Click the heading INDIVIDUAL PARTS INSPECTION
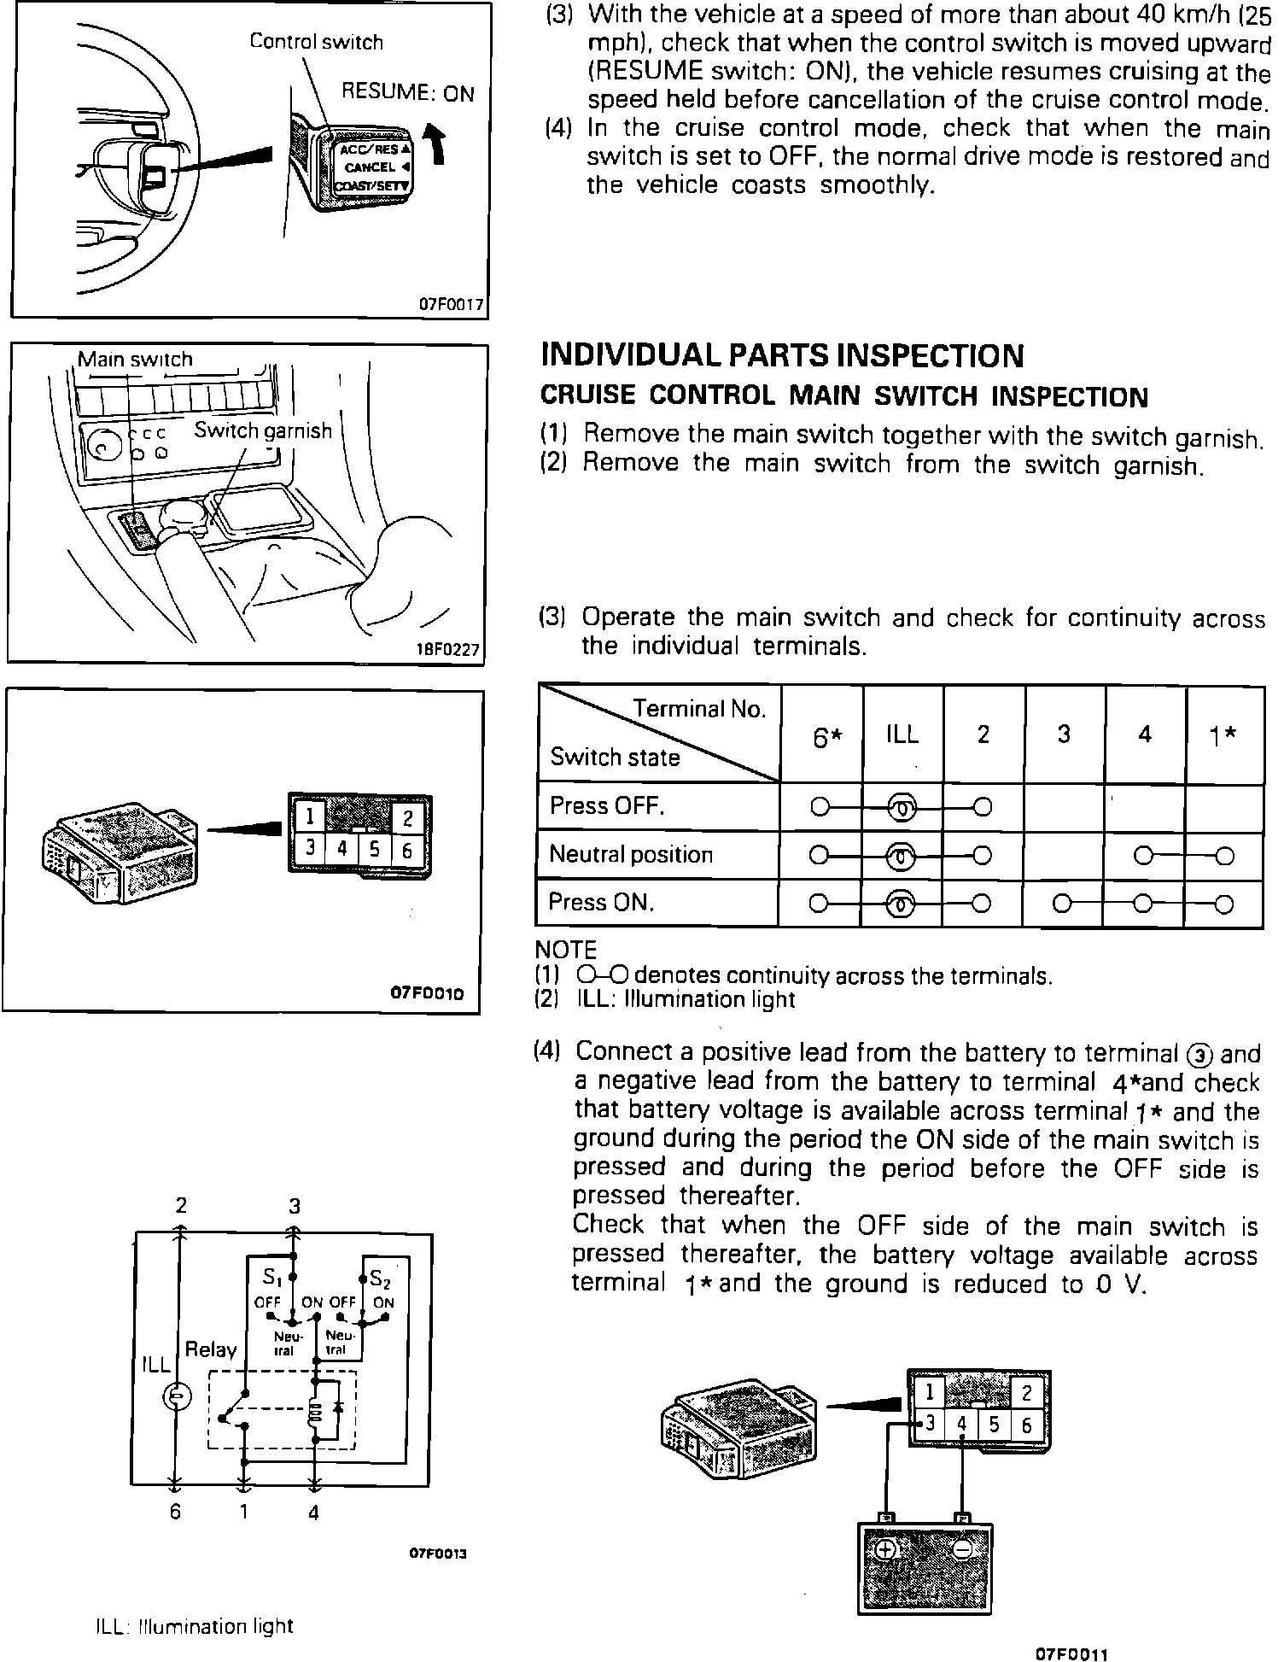[x=782, y=355]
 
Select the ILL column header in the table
[x=902, y=734]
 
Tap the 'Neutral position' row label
[x=631, y=854]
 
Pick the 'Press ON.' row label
[x=601, y=903]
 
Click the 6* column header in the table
[x=822, y=737]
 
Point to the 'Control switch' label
[x=316, y=42]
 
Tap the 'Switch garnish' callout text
[x=263, y=430]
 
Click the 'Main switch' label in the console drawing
[x=135, y=360]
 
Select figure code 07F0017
[x=451, y=304]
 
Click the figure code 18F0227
[x=446, y=650]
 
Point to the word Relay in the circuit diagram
[x=210, y=1350]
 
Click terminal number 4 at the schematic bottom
[x=313, y=1513]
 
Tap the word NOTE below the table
[x=565, y=950]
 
